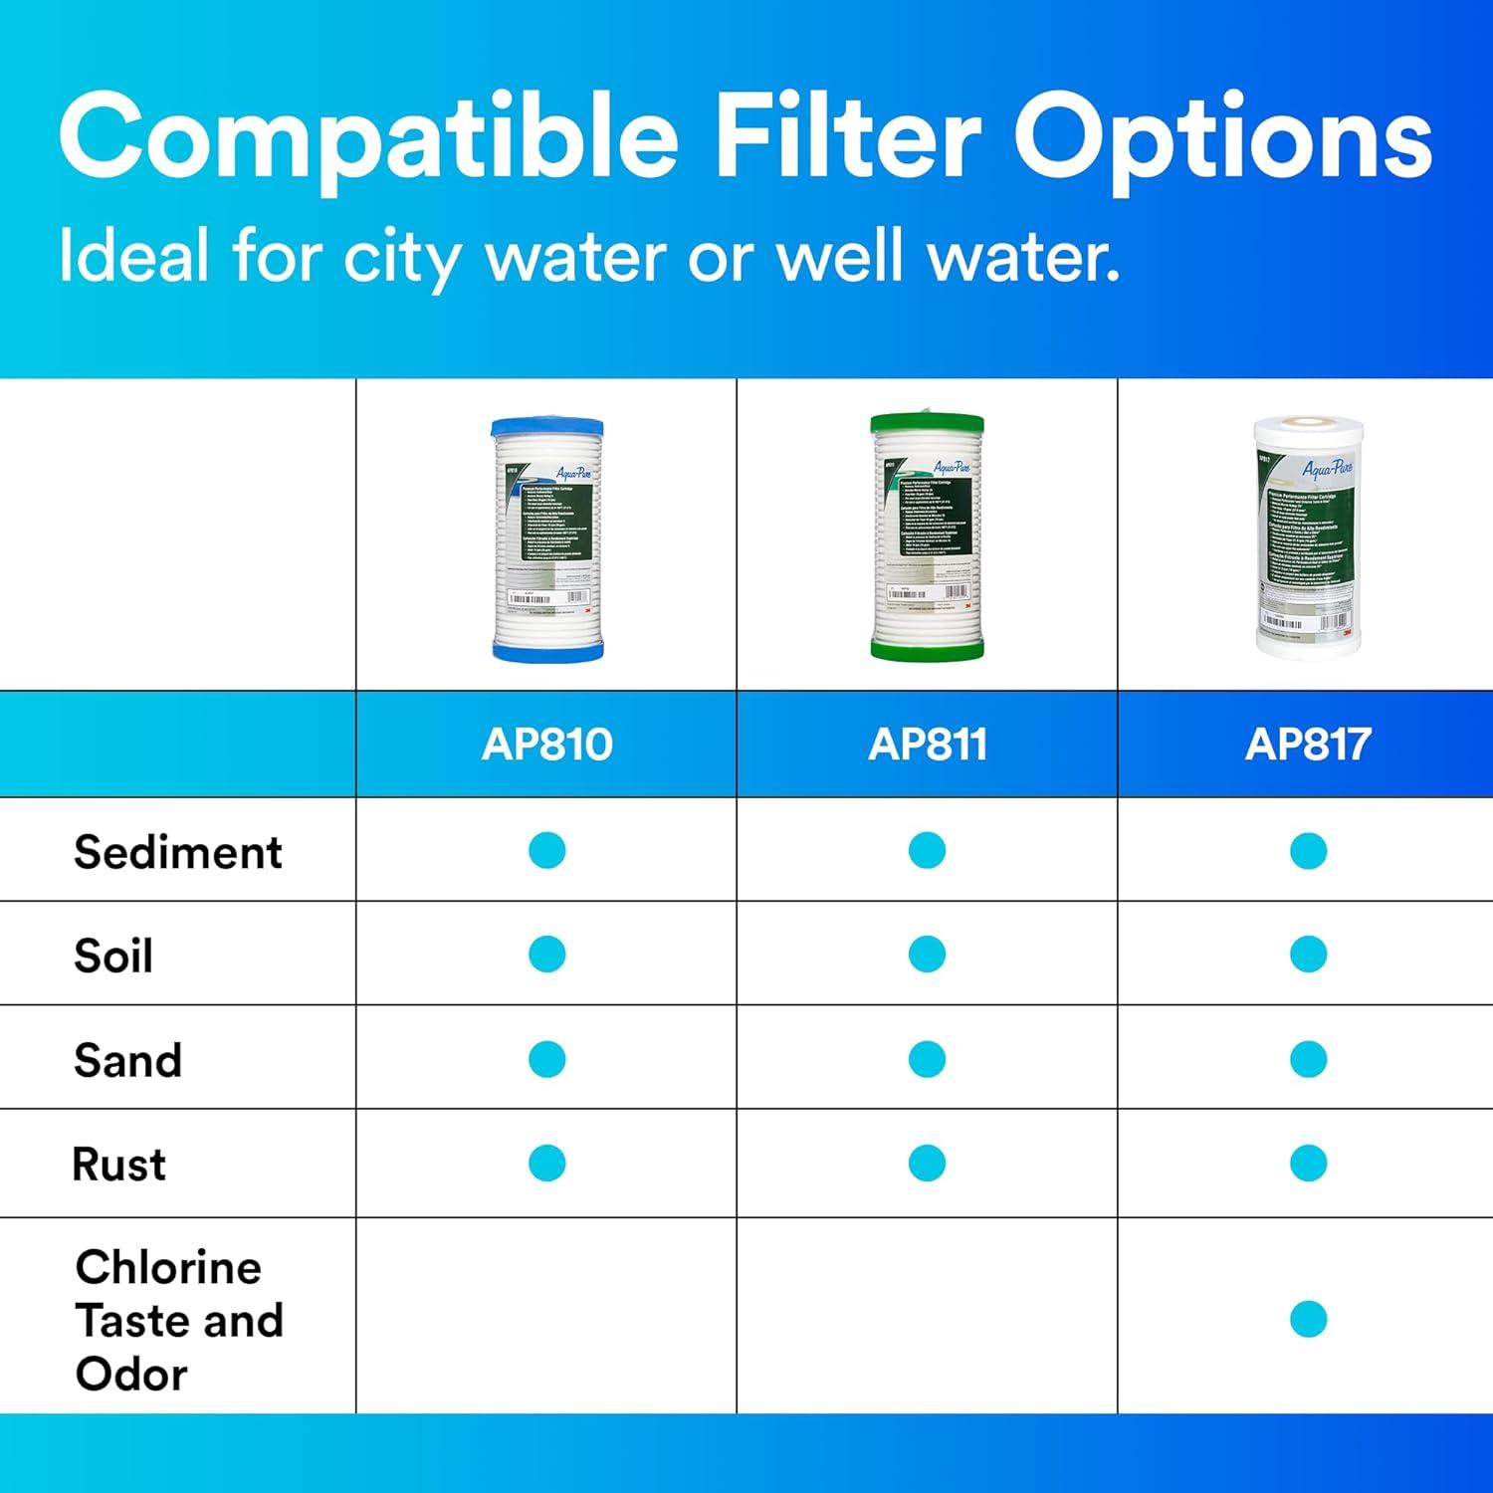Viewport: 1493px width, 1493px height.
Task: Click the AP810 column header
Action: click(546, 745)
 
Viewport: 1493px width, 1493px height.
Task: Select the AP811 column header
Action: click(928, 745)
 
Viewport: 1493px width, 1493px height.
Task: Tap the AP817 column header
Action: click(1308, 745)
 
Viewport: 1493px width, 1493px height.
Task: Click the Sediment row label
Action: click(178, 852)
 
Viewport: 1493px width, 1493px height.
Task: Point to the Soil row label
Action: click(113, 956)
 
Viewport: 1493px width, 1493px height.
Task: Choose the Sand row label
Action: click(128, 1060)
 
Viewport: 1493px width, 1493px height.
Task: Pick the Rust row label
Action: click(119, 1164)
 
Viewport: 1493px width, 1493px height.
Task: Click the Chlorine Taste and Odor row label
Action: click(179, 1320)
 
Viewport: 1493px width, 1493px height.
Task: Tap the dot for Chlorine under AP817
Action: click(1308, 1319)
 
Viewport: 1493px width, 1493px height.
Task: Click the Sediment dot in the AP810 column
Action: click(546, 851)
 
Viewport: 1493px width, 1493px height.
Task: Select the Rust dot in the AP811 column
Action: click(927, 1163)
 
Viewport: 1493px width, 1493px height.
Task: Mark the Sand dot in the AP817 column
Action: click(1308, 1059)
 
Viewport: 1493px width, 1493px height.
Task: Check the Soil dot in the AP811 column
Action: click(927, 955)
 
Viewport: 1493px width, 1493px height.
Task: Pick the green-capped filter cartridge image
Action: click(927, 536)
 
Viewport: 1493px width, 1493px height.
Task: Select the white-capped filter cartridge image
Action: click(1308, 536)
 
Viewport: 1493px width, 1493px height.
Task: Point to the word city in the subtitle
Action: click(401, 257)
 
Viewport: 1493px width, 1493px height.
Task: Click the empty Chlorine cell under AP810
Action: click(546, 1316)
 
